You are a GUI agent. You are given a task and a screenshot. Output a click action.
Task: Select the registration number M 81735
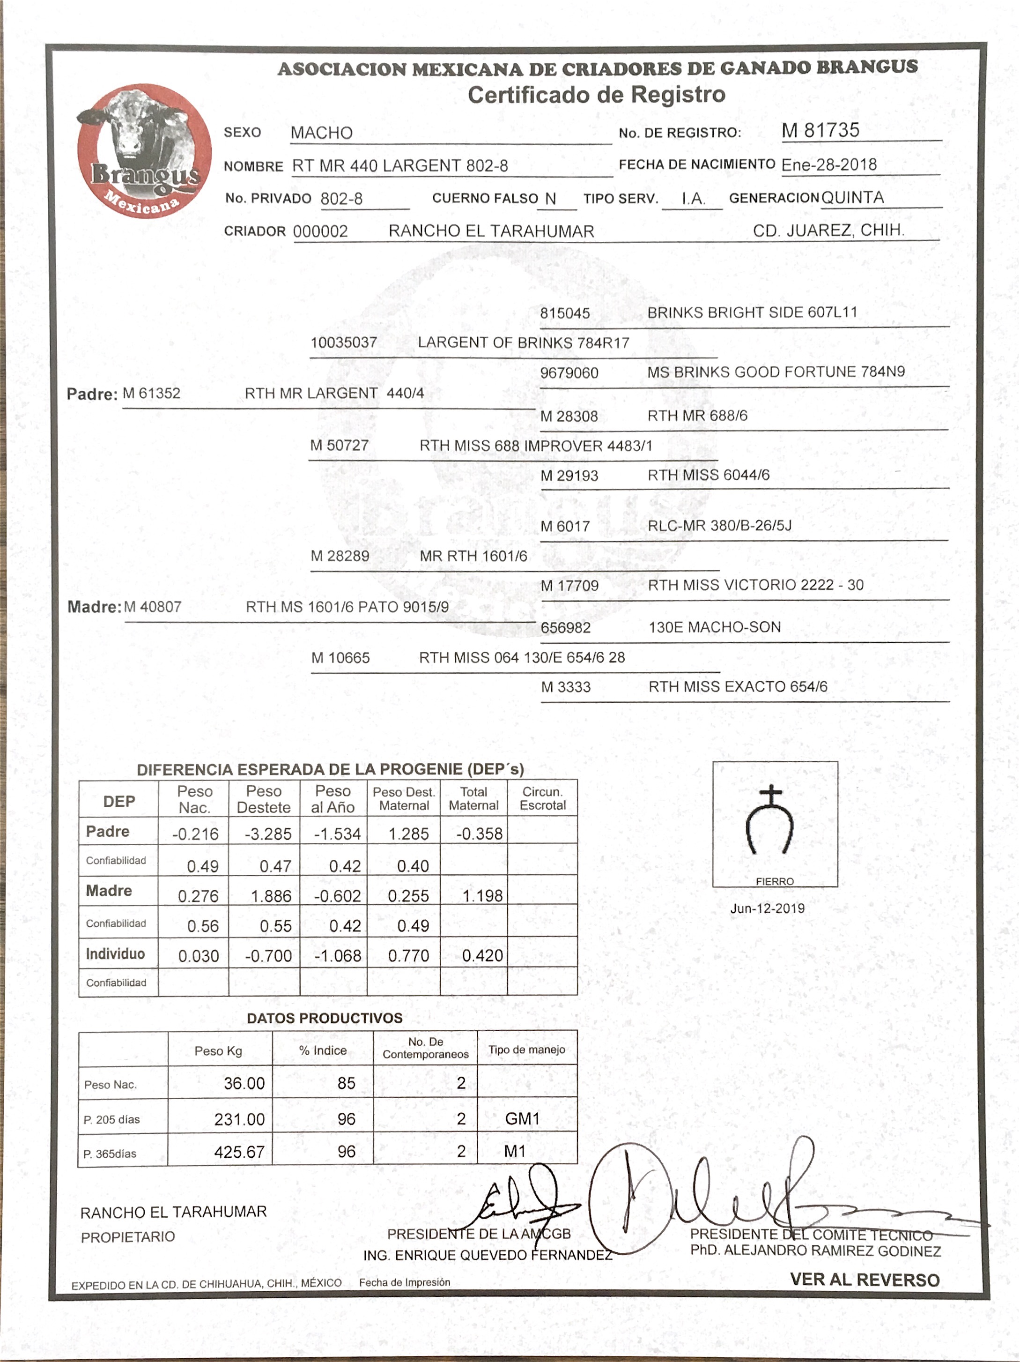click(x=820, y=131)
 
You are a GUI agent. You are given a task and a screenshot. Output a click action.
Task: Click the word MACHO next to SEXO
click(x=321, y=133)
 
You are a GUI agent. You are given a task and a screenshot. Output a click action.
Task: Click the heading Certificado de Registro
click(x=596, y=95)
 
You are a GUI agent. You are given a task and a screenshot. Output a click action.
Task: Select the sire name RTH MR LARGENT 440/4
click(x=334, y=394)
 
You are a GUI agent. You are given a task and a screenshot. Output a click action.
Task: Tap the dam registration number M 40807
click(x=153, y=607)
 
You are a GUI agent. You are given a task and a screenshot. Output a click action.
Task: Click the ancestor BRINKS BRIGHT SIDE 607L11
click(x=752, y=313)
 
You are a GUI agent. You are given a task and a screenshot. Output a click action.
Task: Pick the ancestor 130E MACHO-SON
click(x=714, y=627)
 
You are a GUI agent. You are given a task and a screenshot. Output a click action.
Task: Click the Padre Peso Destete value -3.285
click(x=268, y=834)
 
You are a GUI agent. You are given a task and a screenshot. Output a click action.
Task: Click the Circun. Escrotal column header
click(x=542, y=799)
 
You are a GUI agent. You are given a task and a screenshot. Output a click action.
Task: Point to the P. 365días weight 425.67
click(x=239, y=1152)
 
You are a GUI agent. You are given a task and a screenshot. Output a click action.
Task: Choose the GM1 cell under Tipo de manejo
click(x=522, y=1118)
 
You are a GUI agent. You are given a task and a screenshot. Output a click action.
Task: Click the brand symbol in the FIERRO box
click(x=770, y=821)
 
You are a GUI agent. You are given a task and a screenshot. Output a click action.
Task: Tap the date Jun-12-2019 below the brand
click(x=767, y=908)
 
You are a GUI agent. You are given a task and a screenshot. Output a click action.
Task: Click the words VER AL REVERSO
click(x=864, y=1280)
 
